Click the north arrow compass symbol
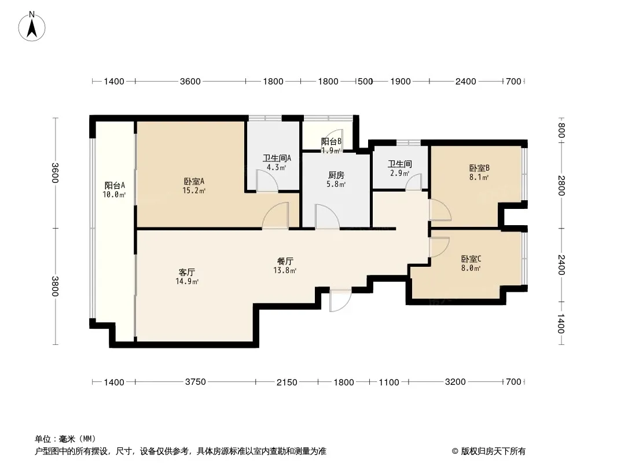click(x=32, y=27)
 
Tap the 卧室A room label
click(x=194, y=182)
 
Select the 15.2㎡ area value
click(x=194, y=191)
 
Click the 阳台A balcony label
click(x=115, y=185)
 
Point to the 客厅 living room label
click(x=187, y=272)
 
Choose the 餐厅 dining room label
click(x=285, y=261)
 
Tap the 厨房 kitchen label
click(x=336, y=175)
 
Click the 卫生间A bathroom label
click(x=277, y=158)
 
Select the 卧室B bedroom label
click(x=479, y=168)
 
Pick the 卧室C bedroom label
click(x=471, y=259)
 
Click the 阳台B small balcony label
click(x=331, y=142)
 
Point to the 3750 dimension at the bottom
click(x=196, y=381)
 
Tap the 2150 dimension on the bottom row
click(x=287, y=382)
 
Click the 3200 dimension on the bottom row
click(x=456, y=381)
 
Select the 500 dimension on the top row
click(x=365, y=82)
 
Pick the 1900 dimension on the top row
click(x=401, y=82)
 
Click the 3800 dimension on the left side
click(x=54, y=286)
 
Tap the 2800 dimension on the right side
click(x=561, y=186)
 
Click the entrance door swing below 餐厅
click(x=340, y=301)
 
